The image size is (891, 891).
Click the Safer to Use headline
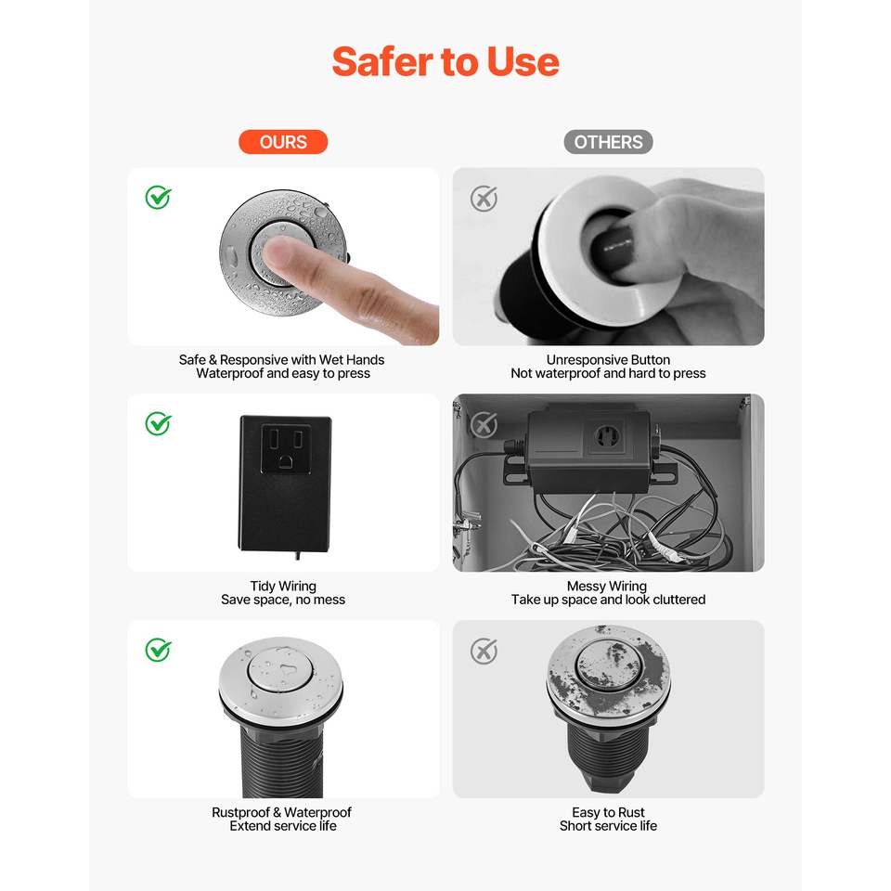[445, 61]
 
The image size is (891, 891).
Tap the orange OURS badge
[283, 141]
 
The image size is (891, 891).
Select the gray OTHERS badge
[608, 141]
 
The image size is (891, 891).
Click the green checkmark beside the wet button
[158, 197]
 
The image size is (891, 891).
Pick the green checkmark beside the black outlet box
[158, 423]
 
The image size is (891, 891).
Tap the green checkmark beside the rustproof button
[158, 650]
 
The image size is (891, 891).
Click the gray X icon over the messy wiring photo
[484, 424]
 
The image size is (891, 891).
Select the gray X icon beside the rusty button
[484, 652]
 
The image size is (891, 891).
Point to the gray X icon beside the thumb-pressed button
[484, 199]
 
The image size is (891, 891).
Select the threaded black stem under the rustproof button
[282, 760]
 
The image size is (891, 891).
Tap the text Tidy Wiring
[283, 586]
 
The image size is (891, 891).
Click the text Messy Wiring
[607, 586]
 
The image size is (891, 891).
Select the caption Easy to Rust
[608, 812]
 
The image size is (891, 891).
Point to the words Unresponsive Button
[608, 360]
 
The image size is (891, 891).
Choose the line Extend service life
[283, 826]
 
